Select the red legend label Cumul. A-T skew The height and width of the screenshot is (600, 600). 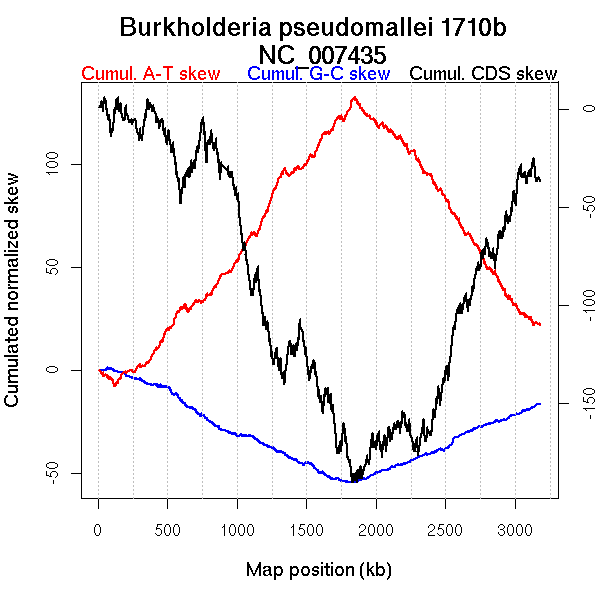pyautogui.click(x=150, y=74)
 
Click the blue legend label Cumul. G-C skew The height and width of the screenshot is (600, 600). pyautogui.click(x=318, y=74)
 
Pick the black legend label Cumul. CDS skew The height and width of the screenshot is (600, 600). pyautogui.click(x=484, y=74)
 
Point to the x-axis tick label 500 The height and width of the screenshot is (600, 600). pyautogui.click(x=168, y=529)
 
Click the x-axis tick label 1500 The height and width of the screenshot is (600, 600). pyautogui.click(x=307, y=529)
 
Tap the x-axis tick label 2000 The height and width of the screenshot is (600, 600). pyautogui.click(x=376, y=529)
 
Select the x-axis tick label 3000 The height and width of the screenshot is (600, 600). pyautogui.click(x=515, y=529)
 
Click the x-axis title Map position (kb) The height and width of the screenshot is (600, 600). pyautogui.click(x=318, y=570)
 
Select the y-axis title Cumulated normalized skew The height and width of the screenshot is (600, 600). pyautogui.click(x=14, y=302)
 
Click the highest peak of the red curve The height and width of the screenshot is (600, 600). pyautogui.click(x=354, y=97)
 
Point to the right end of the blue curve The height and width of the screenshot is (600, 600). pyautogui.click(x=540, y=403)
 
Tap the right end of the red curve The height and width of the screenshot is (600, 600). pyautogui.click(x=540, y=325)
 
